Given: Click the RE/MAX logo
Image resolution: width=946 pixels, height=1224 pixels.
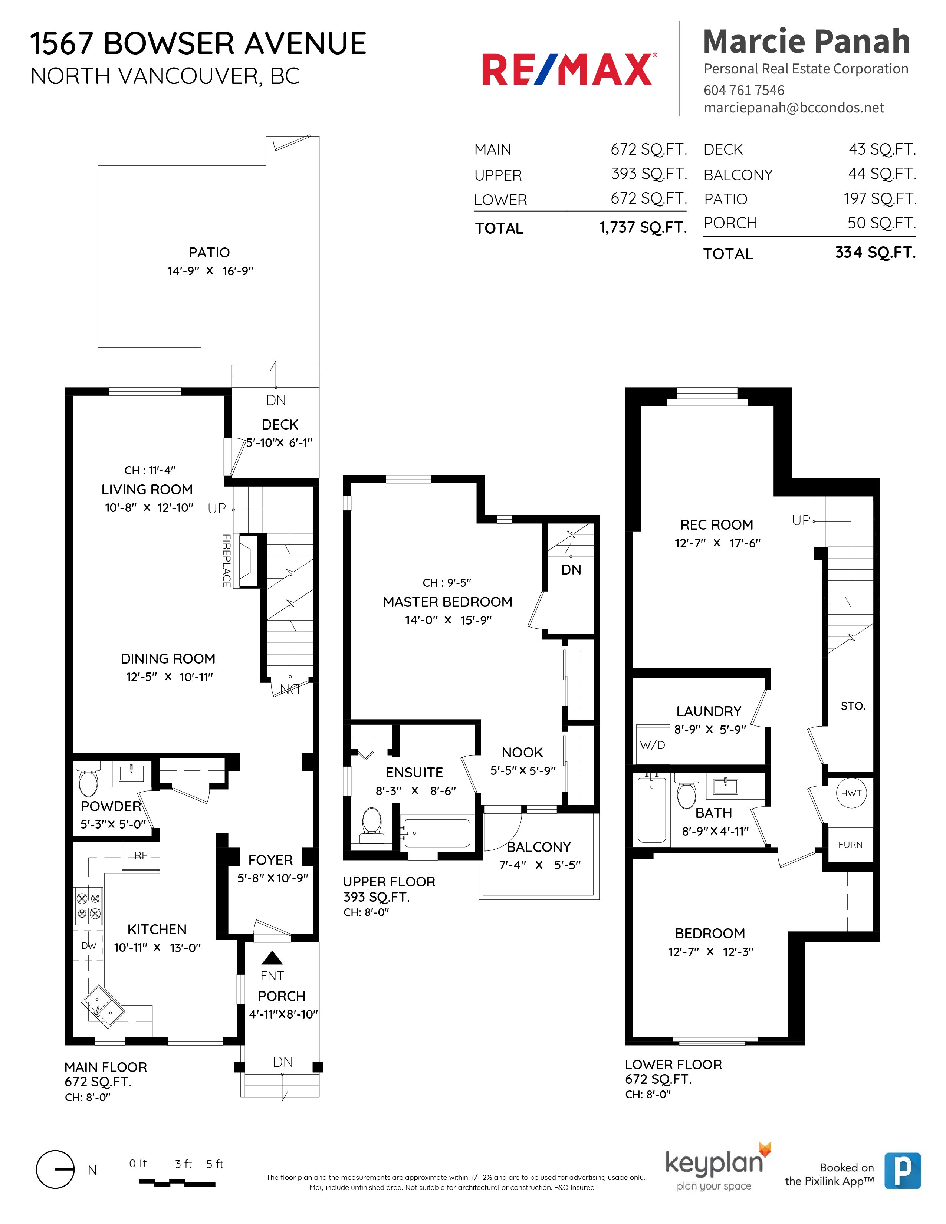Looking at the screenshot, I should click(569, 69).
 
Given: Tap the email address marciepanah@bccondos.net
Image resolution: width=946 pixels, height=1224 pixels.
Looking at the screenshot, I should click(794, 108).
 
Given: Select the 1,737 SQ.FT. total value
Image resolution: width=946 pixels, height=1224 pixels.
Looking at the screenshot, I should click(643, 227).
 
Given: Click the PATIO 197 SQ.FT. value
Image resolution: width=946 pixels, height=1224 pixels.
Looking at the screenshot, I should click(880, 198).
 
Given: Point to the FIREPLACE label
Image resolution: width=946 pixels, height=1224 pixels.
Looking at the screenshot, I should click(226, 560).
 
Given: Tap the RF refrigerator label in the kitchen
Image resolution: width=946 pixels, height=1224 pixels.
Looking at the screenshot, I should click(141, 856).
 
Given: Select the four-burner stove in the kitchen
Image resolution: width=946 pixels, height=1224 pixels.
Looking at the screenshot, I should click(89, 906).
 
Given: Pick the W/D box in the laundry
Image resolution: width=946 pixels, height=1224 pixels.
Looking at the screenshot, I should click(652, 745).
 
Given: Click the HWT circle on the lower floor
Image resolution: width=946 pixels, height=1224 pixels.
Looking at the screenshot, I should click(851, 793).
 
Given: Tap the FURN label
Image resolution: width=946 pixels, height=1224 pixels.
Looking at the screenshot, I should click(850, 845).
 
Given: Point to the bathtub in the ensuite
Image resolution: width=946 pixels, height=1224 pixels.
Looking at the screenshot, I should click(437, 833).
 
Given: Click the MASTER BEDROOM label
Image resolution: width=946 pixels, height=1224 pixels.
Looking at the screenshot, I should click(447, 602).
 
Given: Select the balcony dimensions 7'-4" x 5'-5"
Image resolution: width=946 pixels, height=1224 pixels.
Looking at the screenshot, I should click(539, 865).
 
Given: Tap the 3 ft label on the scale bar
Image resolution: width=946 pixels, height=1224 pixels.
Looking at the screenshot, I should click(183, 1164).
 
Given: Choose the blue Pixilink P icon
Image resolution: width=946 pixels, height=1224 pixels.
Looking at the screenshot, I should click(902, 1171).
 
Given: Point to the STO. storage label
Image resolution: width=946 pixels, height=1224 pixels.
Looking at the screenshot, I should click(853, 706).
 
